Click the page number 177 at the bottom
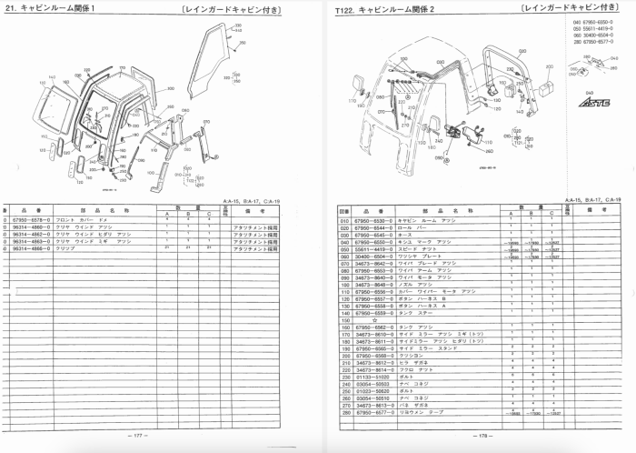pyautogui.click(x=138, y=436)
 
